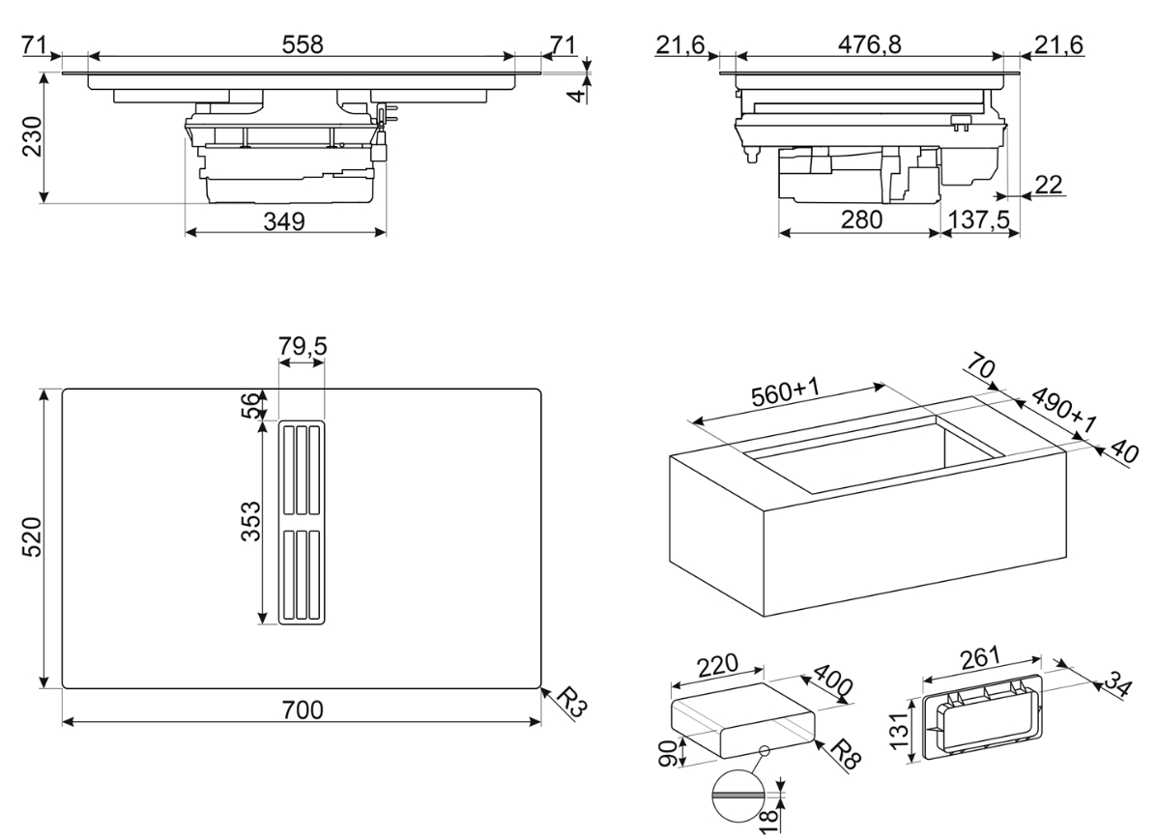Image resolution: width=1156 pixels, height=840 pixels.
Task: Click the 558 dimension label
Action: pyautogui.click(x=303, y=44)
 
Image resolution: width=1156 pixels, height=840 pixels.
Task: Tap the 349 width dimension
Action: pyautogui.click(x=284, y=221)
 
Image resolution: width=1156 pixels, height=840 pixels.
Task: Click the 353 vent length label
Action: pyautogui.click(x=249, y=522)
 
